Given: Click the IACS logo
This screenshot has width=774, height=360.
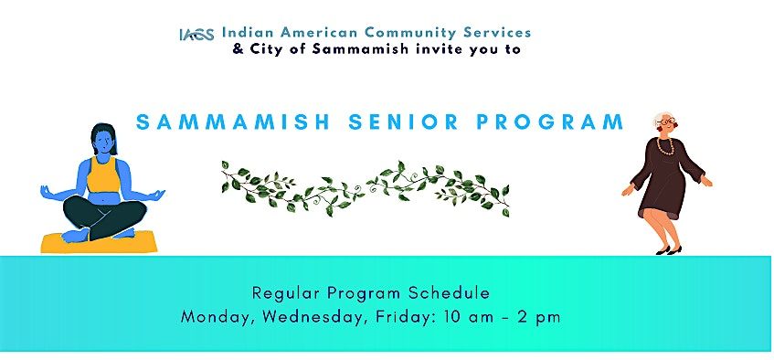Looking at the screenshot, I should (196, 35).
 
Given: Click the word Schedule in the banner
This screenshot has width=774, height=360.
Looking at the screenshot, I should (452, 293).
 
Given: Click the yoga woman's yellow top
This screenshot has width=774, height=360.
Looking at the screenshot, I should (103, 173).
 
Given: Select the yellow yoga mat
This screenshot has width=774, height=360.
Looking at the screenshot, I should (99, 241).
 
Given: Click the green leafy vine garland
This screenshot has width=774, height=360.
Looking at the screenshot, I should (366, 187).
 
